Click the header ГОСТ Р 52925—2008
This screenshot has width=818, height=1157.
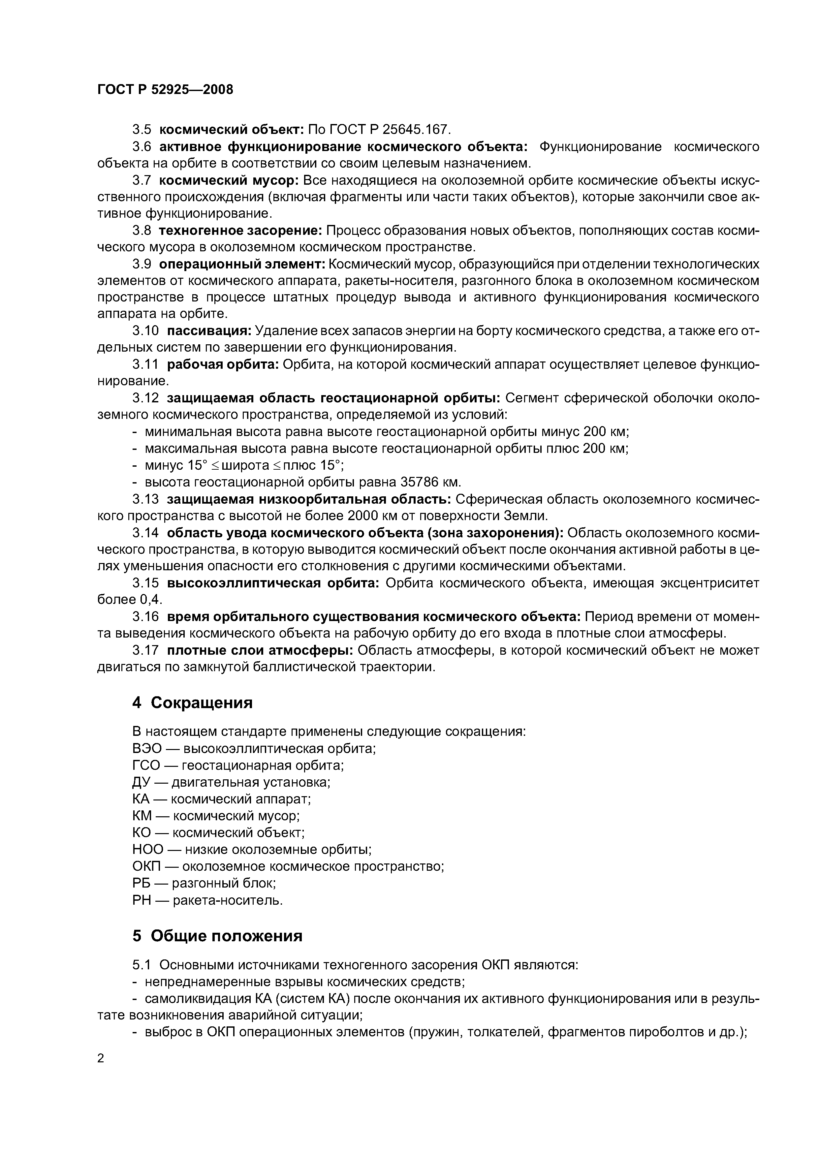(165, 90)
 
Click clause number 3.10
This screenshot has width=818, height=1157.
(146, 331)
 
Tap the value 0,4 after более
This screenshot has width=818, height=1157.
(151, 600)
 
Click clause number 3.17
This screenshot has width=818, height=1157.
(146, 650)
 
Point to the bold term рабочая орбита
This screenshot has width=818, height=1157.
(223, 364)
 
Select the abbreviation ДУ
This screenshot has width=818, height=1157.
(141, 782)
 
